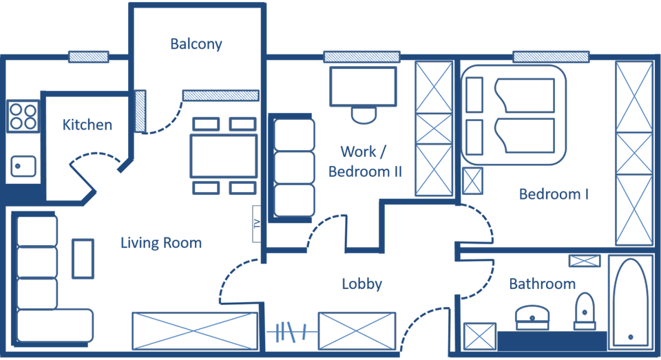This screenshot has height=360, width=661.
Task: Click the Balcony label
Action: click(196, 44)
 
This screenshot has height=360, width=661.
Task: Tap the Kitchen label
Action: click(87, 125)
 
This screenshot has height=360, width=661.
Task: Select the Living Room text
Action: click(161, 242)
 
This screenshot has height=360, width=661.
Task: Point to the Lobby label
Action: click(361, 284)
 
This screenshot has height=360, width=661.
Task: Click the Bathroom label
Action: click(543, 284)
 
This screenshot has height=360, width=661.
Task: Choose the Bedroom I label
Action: click(554, 194)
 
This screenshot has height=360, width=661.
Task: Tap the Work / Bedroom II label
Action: click(364, 161)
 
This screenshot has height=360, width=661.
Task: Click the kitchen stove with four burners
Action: click(22, 116)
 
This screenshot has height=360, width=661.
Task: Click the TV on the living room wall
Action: click(257, 224)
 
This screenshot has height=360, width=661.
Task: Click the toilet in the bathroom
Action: click(585, 311)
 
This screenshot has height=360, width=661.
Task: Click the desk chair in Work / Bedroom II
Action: click(363, 114)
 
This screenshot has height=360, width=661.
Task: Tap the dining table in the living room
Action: click(224, 156)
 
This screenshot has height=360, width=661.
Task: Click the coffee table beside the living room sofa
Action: click(83, 258)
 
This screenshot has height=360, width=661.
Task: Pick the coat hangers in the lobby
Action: click(291, 332)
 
